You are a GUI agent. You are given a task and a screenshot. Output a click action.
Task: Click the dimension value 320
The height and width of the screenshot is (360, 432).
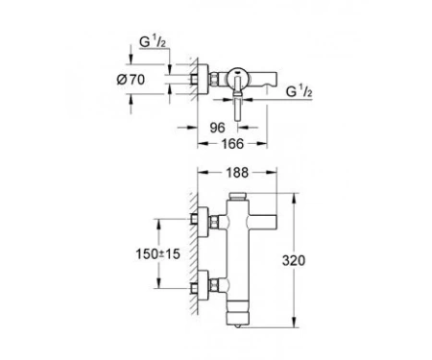tap(294, 260)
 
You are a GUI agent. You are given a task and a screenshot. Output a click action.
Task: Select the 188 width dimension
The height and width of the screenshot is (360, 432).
tap(237, 173)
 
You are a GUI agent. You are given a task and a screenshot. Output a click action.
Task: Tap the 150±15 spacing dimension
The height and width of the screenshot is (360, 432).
tap(157, 254)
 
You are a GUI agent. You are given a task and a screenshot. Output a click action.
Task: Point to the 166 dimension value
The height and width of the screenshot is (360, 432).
tap(232, 144)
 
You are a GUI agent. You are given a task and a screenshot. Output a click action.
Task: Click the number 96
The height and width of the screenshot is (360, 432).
tap(218, 128)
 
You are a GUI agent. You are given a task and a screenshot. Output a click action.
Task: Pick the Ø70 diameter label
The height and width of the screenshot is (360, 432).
tap(131, 80)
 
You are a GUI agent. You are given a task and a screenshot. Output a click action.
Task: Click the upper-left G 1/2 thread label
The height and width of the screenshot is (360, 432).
tap(153, 41)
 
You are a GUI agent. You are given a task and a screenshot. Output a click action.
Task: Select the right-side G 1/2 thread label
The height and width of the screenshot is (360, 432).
tap(299, 91)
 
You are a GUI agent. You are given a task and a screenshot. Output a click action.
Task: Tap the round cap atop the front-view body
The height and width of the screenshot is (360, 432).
tap(238, 196)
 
